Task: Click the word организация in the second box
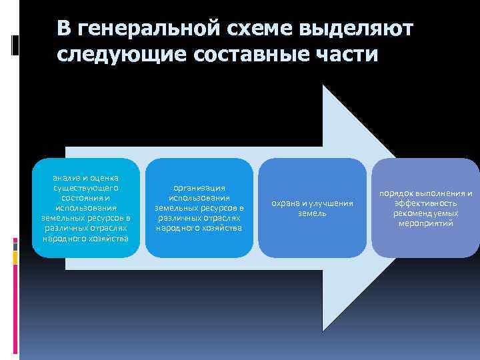pyautogui.click(x=199, y=188)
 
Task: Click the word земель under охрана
pyautogui.click(x=312, y=213)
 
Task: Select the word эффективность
pyautogui.click(x=425, y=203)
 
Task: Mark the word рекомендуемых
pyautogui.click(x=425, y=213)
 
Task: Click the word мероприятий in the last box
pyautogui.click(x=425, y=223)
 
